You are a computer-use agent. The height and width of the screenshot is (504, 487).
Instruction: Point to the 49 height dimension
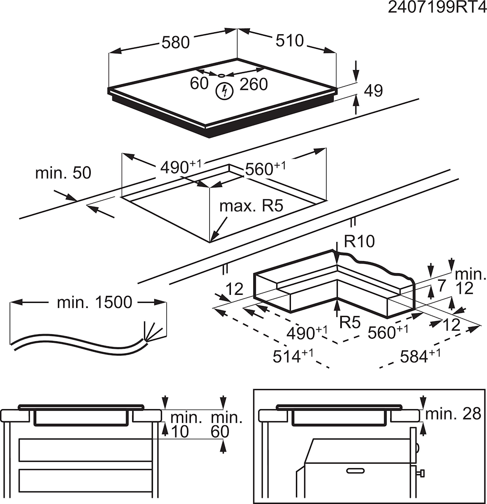click(x=373, y=91)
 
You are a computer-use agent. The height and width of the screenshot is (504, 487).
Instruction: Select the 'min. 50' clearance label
click(x=63, y=173)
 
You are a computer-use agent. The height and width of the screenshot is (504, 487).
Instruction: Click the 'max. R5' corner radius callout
click(x=252, y=206)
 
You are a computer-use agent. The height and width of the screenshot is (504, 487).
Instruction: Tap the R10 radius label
click(x=359, y=242)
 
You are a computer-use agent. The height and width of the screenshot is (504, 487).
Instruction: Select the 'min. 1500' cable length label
click(x=94, y=302)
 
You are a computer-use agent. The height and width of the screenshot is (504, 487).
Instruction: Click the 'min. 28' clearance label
click(x=453, y=414)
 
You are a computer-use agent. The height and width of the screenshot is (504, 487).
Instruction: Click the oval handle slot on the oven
click(x=356, y=470)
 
